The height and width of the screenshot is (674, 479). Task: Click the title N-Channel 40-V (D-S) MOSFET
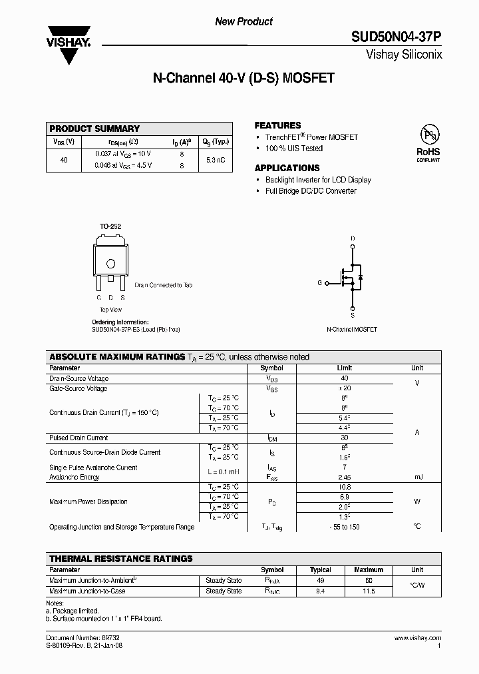[x=243, y=78]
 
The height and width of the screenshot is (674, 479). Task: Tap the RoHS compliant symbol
[x=428, y=142]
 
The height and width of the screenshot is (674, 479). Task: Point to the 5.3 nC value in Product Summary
[x=216, y=160]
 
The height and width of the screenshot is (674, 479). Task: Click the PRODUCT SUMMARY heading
[x=94, y=129]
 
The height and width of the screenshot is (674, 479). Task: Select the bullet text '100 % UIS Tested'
[x=294, y=149]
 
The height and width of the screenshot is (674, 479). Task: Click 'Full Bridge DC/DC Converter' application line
[x=311, y=191]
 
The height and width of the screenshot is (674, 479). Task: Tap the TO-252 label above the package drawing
[x=110, y=227]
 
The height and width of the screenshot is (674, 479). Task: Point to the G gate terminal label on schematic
[x=319, y=283]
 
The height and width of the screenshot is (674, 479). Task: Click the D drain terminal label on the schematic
[x=352, y=238]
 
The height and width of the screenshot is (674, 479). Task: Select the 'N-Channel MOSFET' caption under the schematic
[x=352, y=330]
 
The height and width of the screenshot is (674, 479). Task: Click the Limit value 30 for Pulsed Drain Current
[x=345, y=438]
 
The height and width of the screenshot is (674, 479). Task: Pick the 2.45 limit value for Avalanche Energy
[x=345, y=478]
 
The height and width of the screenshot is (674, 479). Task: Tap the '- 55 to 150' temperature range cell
[x=345, y=527]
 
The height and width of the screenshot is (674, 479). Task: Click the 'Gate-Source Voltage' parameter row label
[x=79, y=388]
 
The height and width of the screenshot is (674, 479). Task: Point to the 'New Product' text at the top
[x=243, y=21]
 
